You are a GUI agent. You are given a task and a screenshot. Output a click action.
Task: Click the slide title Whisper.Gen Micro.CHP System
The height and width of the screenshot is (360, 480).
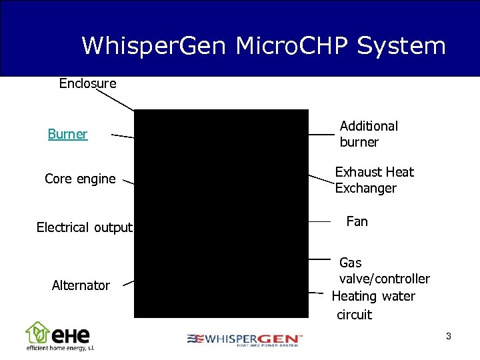(263, 46)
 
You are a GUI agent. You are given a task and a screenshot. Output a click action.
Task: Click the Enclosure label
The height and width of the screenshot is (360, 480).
(87, 83)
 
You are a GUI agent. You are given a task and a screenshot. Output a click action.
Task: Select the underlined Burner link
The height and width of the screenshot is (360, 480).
(67, 134)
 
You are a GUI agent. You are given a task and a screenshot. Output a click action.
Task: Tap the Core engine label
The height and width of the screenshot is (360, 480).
(80, 179)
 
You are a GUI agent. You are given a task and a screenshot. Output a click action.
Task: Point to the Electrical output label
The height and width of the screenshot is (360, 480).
(84, 227)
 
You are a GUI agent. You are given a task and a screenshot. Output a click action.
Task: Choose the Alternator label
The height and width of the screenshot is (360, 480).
(81, 285)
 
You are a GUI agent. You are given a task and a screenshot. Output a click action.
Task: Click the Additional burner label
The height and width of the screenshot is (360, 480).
(369, 134)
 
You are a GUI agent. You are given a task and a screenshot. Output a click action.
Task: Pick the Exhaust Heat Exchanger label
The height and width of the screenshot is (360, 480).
(374, 180)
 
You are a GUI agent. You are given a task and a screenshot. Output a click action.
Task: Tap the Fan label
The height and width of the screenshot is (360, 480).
(357, 221)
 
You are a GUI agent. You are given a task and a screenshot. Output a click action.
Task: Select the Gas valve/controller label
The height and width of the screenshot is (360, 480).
(384, 271)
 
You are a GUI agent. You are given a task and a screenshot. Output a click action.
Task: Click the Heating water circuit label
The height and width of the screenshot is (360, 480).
(373, 305)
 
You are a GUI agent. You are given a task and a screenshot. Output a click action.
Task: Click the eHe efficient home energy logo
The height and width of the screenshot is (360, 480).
(59, 337)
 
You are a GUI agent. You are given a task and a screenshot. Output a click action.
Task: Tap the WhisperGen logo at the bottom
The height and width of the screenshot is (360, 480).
(245, 339)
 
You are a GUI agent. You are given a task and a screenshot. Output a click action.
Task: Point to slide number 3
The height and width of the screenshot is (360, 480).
(449, 336)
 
